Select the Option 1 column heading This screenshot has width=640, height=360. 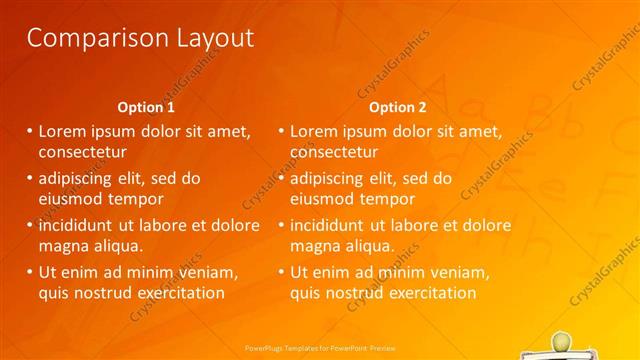tap(146, 107)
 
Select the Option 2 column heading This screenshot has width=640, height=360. tap(397, 107)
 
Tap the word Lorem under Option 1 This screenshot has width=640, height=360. tap(62, 131)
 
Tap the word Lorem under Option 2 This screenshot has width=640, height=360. tap(313, 131)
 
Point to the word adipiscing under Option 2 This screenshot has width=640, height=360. tap(332, 178)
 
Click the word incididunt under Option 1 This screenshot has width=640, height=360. tap(80, 224)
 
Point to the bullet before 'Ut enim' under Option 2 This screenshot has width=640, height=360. tap(281, 271)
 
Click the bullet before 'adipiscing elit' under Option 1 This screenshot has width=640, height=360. tap(30, 178)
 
